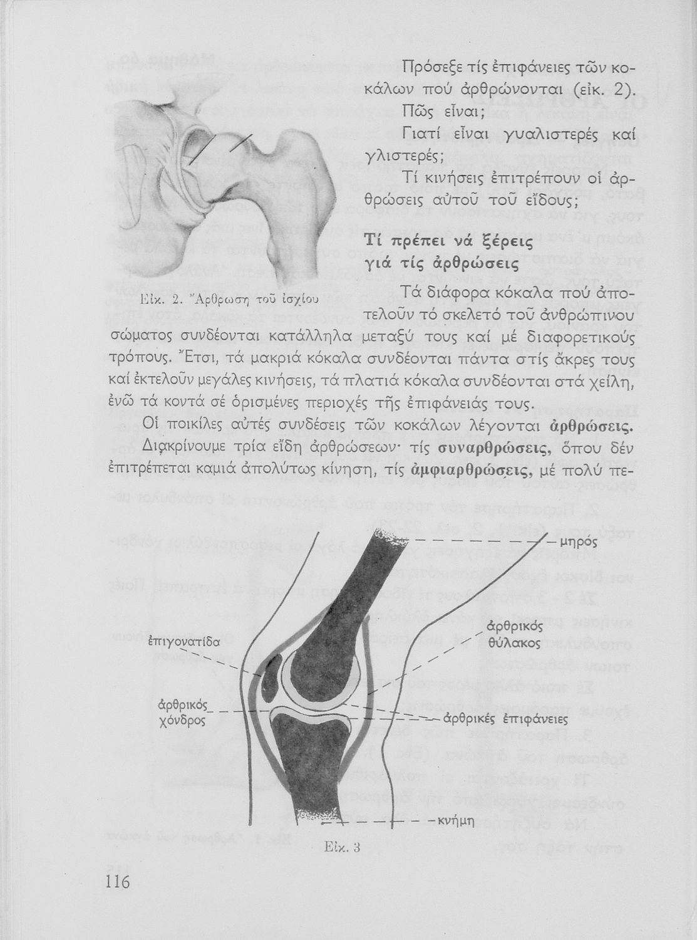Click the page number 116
(117, 882)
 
